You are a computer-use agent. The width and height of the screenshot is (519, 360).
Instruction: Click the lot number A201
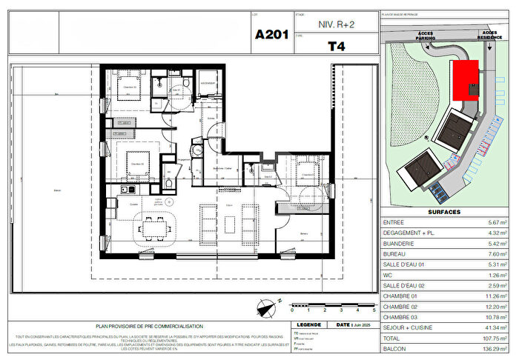[x=271, y=34]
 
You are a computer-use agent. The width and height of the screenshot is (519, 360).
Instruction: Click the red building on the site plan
[x=465, y=80]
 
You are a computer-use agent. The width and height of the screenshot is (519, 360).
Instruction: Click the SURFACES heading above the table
[x=444, y=212]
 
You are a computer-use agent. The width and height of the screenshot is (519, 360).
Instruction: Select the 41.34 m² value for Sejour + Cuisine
[x=493, y=327]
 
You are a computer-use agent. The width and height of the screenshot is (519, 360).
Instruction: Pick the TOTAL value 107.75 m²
[x=492, y=337]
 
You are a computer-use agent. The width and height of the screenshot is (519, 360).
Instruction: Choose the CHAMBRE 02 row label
[x=405, y=306]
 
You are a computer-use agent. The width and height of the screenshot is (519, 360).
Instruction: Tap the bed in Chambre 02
[x=136, y=160]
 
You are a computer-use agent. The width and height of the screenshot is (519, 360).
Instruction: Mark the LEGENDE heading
[x=308, y=324]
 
